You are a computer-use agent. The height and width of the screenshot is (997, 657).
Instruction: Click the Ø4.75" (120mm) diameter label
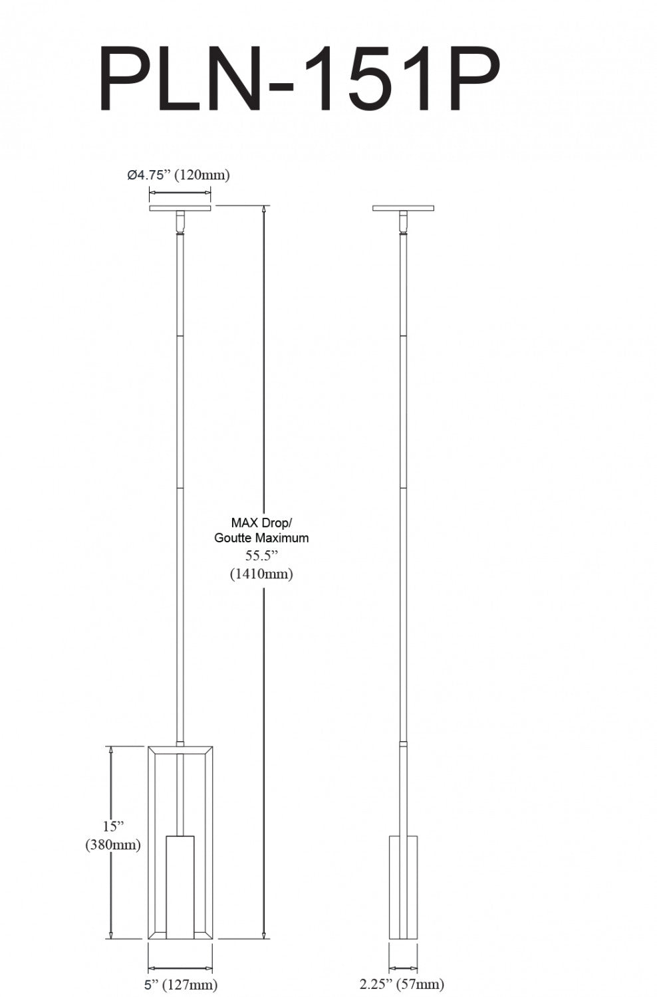point(178,175)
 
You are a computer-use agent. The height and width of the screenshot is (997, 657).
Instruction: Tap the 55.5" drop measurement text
point(261,556)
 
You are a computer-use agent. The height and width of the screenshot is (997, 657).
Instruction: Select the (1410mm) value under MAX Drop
point(261,574)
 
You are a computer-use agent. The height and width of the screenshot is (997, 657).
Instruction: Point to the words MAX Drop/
point(261,522)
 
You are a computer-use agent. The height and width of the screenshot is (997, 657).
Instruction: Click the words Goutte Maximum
point(261,538)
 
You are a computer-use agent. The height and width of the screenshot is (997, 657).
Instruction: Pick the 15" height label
point(113,827)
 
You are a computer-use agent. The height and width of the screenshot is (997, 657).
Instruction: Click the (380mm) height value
point(113,845)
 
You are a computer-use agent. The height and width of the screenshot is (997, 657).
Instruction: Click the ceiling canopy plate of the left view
point(180,208)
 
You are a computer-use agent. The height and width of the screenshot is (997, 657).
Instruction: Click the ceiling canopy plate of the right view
point(403,208)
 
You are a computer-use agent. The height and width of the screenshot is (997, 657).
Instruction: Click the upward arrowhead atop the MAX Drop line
point(265,209)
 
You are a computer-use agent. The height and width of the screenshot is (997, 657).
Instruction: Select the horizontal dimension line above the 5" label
point(180,968)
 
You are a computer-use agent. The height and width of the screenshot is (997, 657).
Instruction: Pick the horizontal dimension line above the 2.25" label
point(403,968)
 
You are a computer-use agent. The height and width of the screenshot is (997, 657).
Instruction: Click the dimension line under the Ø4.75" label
point(180,193)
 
